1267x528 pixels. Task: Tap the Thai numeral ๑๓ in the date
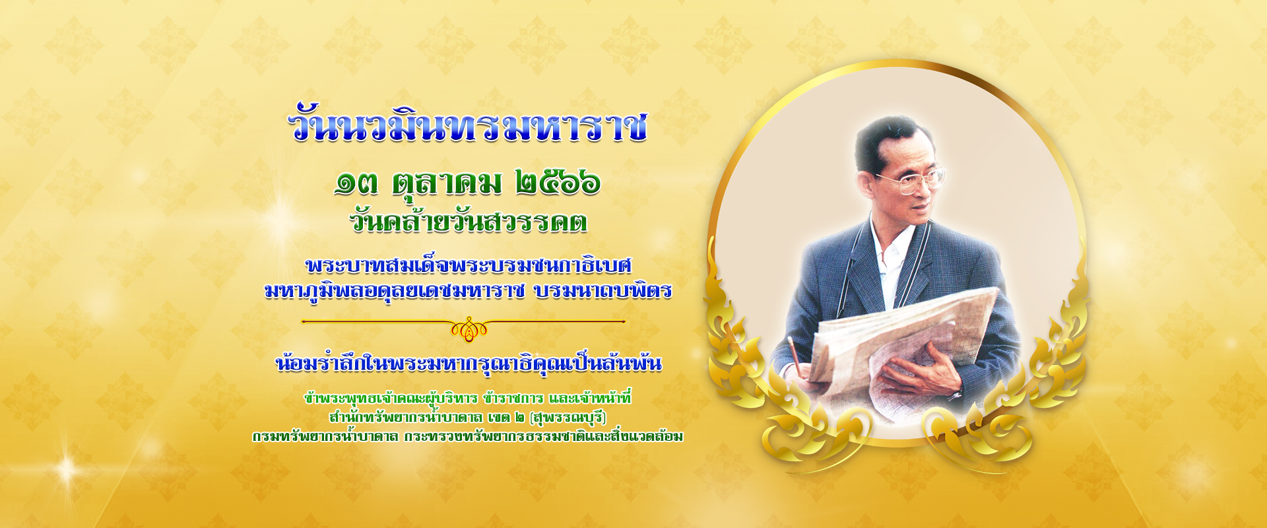coord(356,183)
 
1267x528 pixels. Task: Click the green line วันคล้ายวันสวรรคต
coord(469,220)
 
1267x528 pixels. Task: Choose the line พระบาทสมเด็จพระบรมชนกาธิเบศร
coord(469,265)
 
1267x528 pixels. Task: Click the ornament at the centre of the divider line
coord(469,328)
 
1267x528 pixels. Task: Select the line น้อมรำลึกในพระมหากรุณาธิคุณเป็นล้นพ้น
coord(469,363)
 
